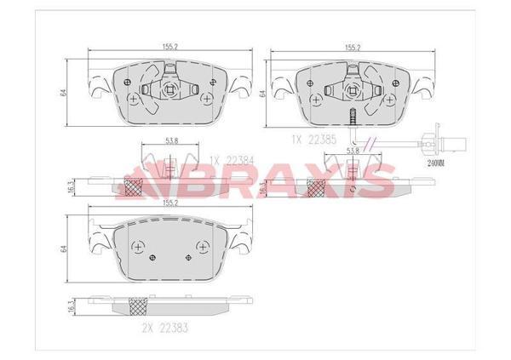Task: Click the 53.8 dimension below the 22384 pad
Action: tap(170, 140)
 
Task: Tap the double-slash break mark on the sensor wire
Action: tap(369, 141)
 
